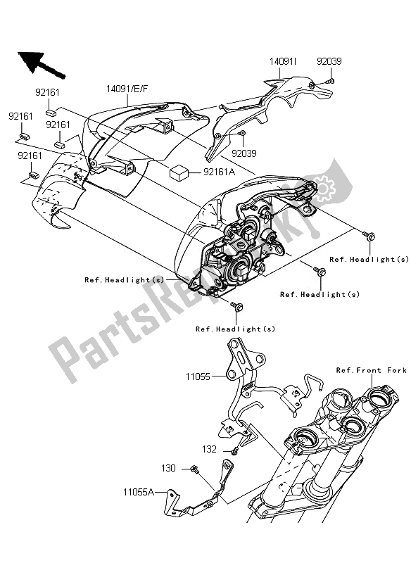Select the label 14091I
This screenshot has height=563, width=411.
tap(283, 61)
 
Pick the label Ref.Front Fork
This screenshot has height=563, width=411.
tap(371, 370)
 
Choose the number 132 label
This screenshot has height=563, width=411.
tap(210, 448)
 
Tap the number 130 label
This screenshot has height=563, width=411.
tap(168, 468)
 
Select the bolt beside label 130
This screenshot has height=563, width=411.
tap(193, 469)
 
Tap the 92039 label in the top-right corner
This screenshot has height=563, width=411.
tap(328, 61)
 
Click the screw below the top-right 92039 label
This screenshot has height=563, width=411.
tap(331, 82)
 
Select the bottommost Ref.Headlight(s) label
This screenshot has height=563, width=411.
tap(235, 328)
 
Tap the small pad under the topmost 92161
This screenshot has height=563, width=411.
tap(51, 110)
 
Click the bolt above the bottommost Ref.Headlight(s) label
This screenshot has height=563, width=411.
tap(236, 305)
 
